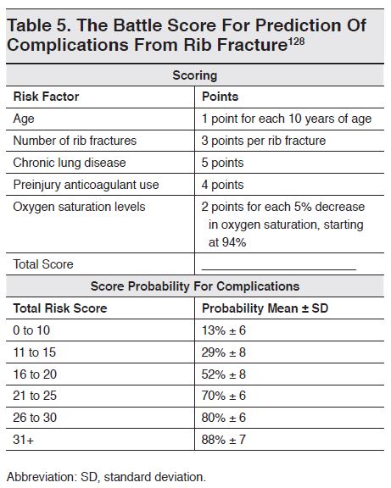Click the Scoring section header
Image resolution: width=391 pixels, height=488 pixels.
(195, 75)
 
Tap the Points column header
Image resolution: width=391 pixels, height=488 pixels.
(220, 97)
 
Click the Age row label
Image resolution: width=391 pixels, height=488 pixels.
(25, 119)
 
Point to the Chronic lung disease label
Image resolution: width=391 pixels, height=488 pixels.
(68, 162)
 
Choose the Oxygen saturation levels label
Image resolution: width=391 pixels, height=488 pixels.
(79, 205)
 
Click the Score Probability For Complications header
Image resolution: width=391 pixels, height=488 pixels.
(195, 286)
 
